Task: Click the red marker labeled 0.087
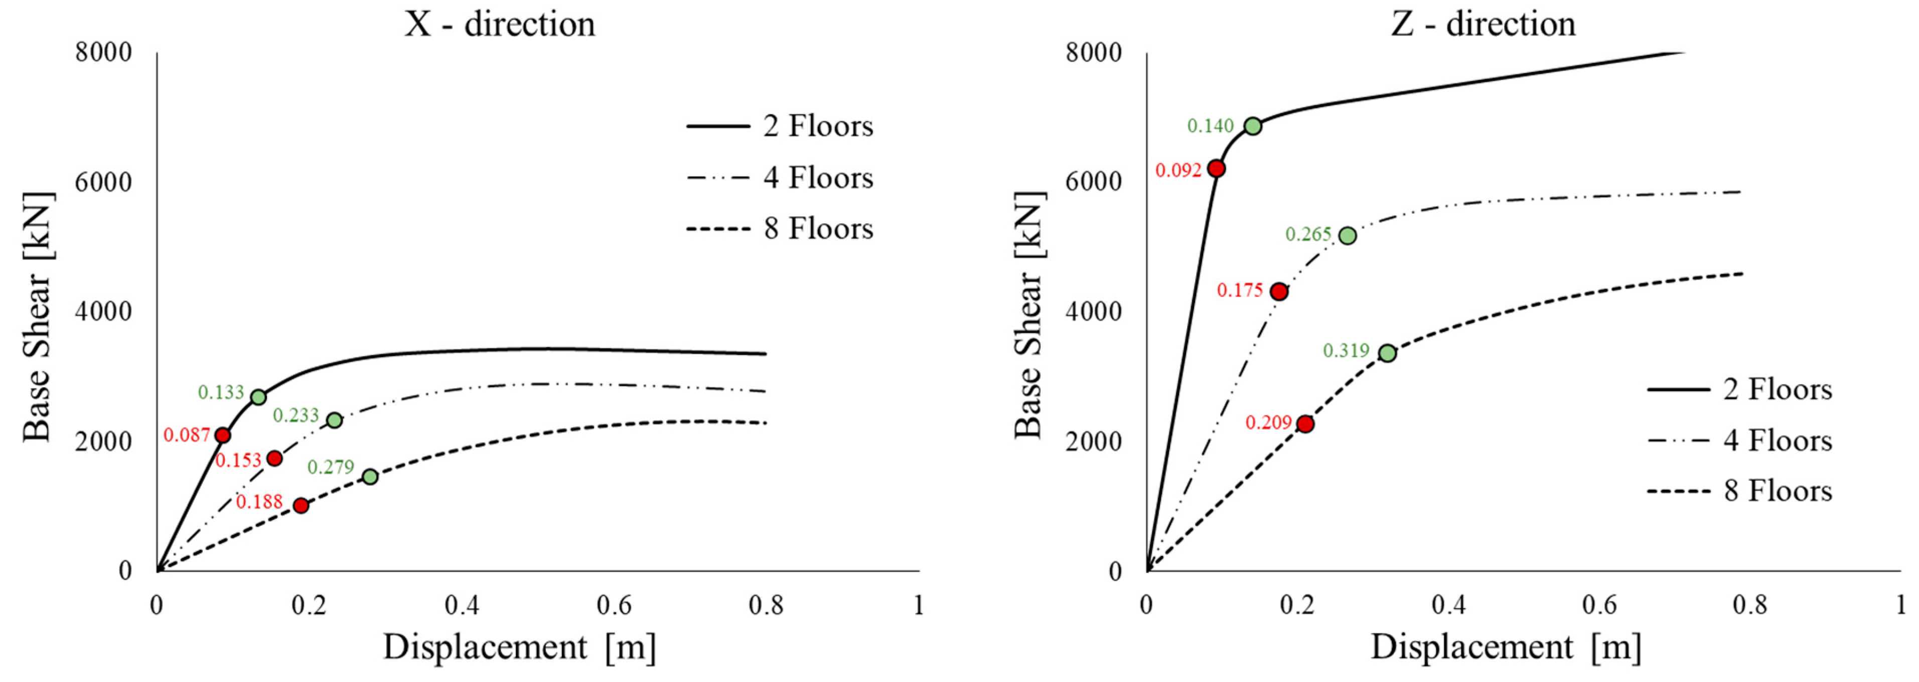coord(222,435)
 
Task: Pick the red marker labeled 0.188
coord(301,506)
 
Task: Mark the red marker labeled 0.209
coord(1305,424)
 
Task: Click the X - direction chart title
coord(500,25)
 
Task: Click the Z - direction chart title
coord(1483,25)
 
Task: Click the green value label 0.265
coord(1308,234)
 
